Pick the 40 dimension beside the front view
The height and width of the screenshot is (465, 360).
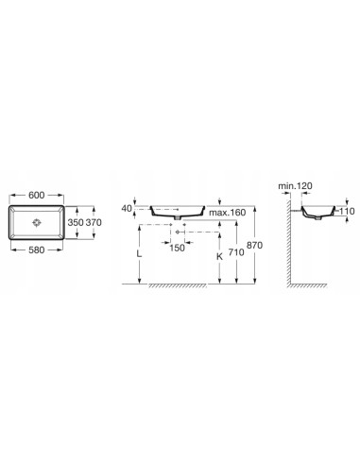tap(127, 208)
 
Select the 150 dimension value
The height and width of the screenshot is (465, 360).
tap(177, 249)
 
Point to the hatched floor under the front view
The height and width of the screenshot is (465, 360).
tap(189, 286)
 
